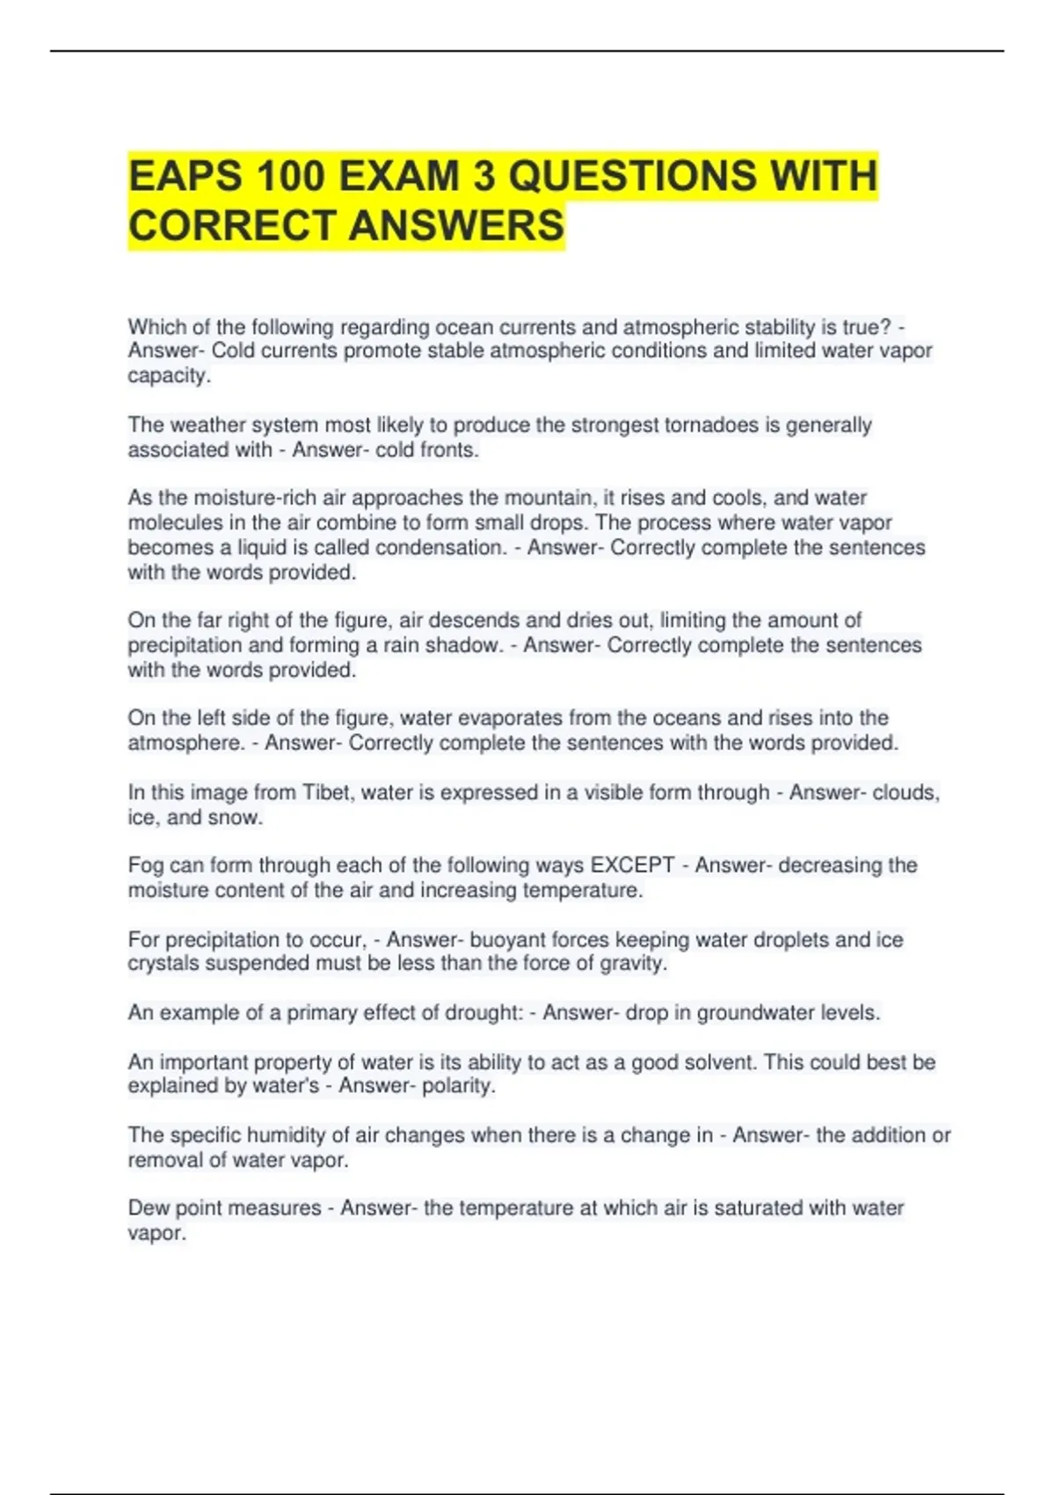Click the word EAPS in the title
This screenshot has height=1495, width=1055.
(185, 176)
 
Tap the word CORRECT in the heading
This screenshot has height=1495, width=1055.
(232, 226)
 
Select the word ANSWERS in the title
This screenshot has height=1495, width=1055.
(457, 226)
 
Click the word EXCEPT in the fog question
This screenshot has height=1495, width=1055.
(633, 866)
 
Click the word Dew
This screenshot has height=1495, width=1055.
(147, 1208)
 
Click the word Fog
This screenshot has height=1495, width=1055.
(146, 866)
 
